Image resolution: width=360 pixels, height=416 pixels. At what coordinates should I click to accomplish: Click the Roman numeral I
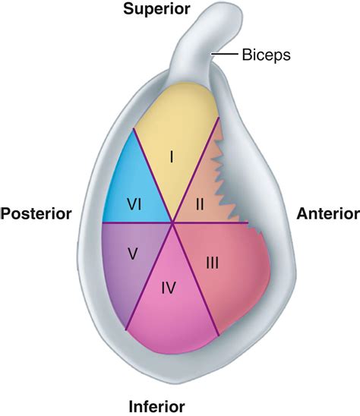[172, 157]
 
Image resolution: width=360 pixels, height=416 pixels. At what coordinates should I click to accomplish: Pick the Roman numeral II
[201, 203]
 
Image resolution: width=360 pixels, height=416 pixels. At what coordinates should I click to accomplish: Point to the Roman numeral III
[213, 263]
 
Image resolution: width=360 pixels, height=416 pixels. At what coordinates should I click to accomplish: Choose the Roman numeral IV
[169, 288]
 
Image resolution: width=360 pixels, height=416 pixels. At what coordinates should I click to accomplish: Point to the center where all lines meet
[174, 223]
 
